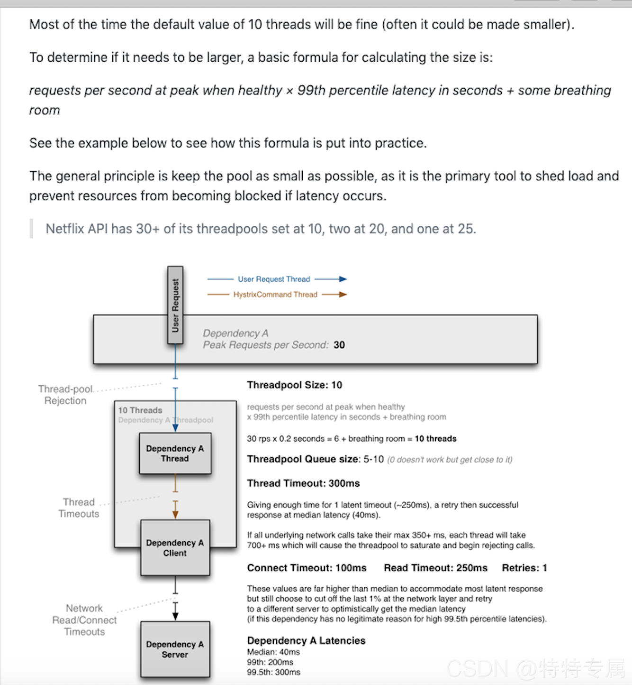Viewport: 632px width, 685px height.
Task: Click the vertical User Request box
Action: point(175,305)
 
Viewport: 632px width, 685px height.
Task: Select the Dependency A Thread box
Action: point(175,454)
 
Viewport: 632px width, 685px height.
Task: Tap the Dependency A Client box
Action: point(175,548)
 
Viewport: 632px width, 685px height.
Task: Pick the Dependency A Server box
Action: point(175,649)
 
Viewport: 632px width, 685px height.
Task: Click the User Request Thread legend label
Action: point(274,279)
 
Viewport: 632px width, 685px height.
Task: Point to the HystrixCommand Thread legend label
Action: point(275,295)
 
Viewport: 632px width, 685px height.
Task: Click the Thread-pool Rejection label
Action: point(65,395)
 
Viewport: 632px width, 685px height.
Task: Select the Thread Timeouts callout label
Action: point(79,508)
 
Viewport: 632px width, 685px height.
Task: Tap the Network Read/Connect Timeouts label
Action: point(84,620)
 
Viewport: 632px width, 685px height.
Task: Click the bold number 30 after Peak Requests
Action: point(339,345)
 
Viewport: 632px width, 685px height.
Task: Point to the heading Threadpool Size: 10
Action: point(294,385)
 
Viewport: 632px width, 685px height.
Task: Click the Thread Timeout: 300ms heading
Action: point(303,483)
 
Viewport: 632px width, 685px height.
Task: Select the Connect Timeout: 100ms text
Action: point(307,568)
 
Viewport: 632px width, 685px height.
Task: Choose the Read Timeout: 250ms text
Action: point(435,568)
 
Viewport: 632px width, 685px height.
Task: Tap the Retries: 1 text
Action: point(524,568)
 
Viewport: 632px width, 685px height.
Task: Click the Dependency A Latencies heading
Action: point(306,641)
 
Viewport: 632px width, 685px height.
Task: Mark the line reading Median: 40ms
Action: point(273,652)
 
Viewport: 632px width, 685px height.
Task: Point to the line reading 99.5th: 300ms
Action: point(273,672)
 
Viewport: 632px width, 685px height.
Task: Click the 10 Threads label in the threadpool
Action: point(140,410)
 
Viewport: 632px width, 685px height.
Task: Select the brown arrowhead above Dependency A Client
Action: point(175,514)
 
